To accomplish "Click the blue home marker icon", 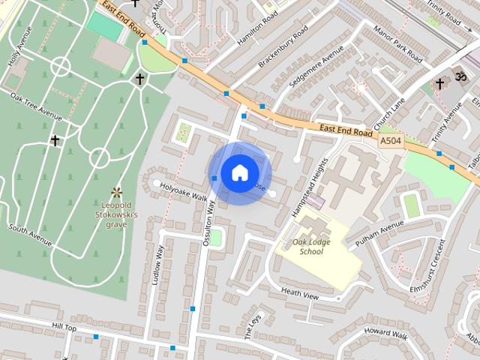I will tap(239, 172).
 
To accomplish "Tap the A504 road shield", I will tap(391, 141).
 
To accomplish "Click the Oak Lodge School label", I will tap(307, 247).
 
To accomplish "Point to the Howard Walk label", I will tap(385, 331).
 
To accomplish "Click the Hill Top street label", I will tap(64, 327).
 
